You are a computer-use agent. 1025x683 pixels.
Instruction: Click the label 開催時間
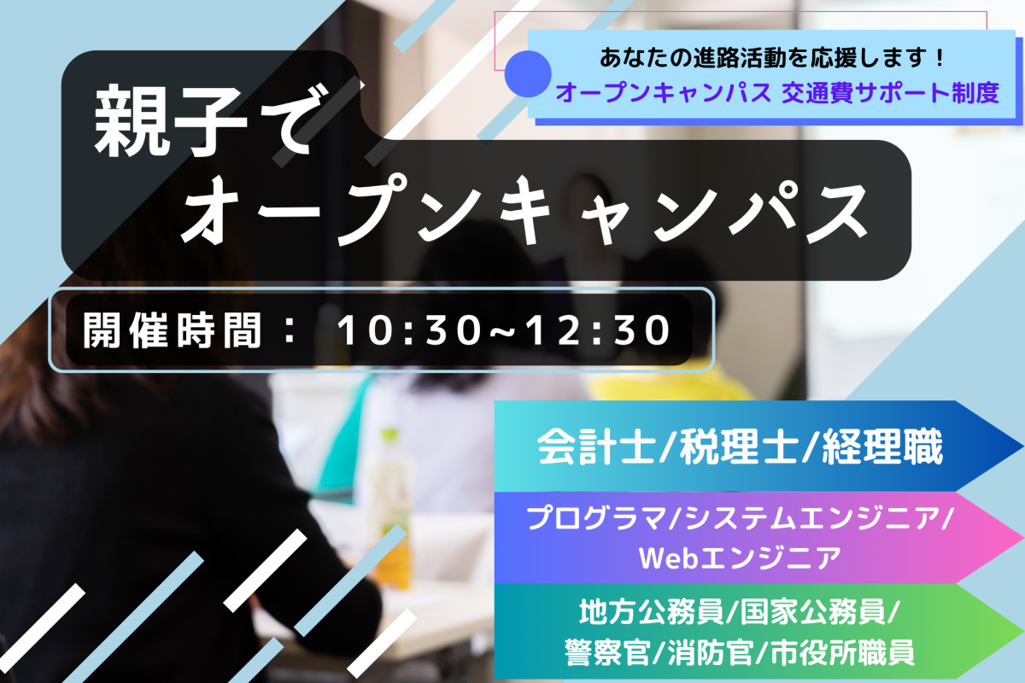173,330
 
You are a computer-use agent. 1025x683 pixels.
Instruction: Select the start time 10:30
409,330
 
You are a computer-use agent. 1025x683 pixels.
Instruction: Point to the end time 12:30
598,330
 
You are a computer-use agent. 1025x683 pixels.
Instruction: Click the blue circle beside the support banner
528,73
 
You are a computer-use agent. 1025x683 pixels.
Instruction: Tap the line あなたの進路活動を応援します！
772,58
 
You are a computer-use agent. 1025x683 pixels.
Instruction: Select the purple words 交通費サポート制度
890,93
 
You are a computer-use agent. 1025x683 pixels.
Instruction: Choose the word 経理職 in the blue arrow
882,447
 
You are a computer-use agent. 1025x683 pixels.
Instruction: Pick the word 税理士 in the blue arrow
739,447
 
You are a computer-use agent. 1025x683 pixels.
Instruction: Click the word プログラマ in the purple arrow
597,519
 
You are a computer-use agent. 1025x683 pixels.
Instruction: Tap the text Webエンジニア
740,558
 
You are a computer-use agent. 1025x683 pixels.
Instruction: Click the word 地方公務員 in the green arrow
651,612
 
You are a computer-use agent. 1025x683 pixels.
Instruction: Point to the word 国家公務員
812,612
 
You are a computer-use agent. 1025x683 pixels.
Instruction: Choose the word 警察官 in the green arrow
607,652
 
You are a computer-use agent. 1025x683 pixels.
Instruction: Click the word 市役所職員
843,652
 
